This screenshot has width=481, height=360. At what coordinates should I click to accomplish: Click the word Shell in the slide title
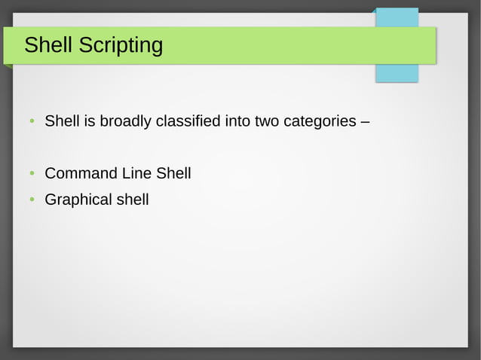(48, 45)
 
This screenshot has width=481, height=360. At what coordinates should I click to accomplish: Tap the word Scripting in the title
(121, 47)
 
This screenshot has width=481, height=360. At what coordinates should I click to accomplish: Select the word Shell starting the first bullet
(63, 121)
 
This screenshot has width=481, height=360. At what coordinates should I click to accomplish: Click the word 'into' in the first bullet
(237, 121)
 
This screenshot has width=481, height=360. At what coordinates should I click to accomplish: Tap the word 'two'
(267, 121)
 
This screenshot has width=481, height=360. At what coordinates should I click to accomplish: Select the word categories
(319, 121)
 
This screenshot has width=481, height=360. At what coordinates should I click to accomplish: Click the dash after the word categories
(364, 121)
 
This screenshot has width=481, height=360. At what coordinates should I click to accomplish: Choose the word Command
(81, 173)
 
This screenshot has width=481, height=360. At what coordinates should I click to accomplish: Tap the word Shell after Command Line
(173, 173)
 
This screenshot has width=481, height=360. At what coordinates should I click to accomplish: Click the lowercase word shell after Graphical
(133, 200)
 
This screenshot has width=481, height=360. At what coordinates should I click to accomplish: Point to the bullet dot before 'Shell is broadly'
(32, 121)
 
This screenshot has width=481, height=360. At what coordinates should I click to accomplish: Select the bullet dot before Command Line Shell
(32, 174)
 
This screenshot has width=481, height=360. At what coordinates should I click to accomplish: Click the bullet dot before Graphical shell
(32, 200)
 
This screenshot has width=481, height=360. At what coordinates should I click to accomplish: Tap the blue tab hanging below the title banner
(397, 73)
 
